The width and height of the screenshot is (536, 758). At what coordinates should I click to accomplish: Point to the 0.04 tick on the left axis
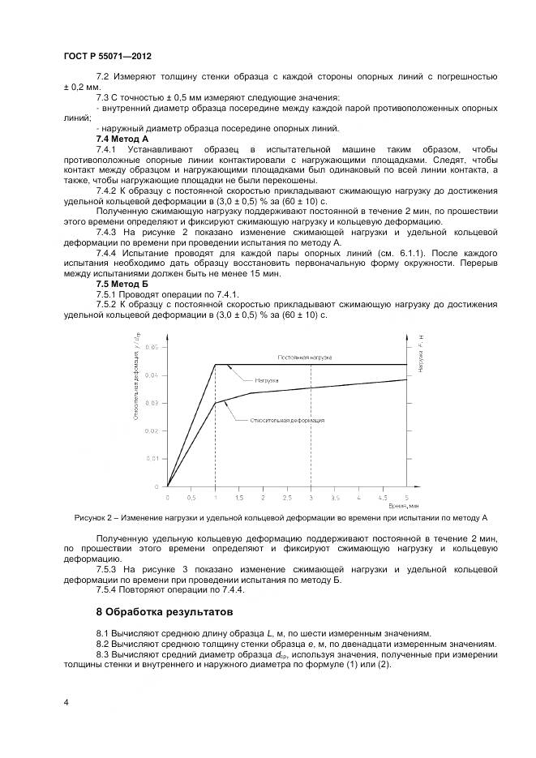tap(154, 375)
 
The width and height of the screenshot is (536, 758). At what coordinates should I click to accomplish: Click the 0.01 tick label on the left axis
tap(154, 458)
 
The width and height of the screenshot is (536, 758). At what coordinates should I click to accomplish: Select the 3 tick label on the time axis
tap(311, 495)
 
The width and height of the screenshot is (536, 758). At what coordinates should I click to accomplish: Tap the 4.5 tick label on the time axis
tap(382, 495)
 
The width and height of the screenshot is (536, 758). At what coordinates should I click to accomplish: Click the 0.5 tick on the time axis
tap(191, 495)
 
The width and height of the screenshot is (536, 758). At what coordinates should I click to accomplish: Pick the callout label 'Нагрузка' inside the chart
tap(267, 379)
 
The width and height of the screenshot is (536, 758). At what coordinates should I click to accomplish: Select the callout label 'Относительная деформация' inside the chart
tap(287, 420)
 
